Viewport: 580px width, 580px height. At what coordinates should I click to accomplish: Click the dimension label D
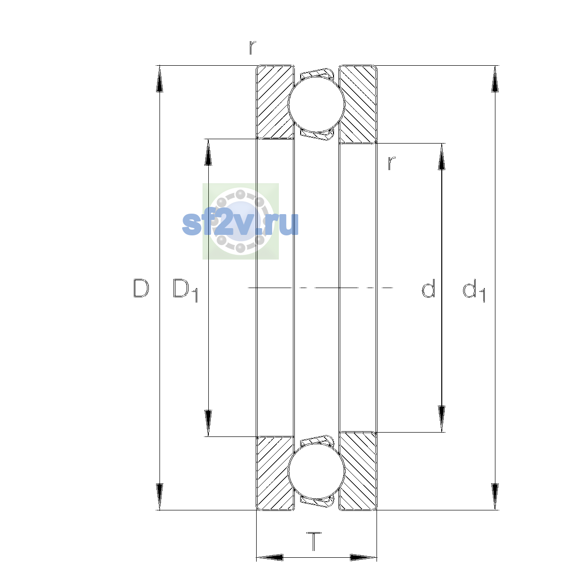click(141, 288)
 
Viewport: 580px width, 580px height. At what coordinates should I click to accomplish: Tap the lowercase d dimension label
click(428, 288)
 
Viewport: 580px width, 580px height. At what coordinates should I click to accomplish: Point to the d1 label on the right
click(474, 290)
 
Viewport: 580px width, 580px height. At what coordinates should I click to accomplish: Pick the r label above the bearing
click(252, 47)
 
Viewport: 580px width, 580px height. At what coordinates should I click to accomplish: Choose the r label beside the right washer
click(391, 163)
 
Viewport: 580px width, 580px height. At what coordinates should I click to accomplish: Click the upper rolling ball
click(316, 104)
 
